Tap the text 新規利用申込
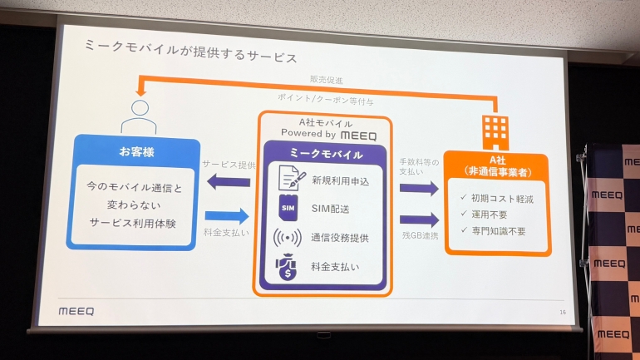341,180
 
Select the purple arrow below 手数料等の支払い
418,188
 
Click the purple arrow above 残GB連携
418,220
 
